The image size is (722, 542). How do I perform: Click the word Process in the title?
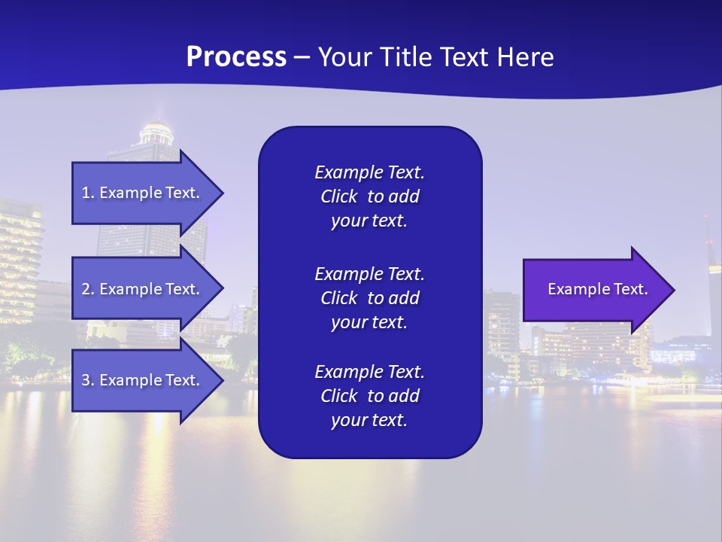coord(236,57)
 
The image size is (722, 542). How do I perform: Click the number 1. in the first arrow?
coord(88,193)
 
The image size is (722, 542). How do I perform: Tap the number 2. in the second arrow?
coord(88,289)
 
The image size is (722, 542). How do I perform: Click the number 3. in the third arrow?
coord(88,380)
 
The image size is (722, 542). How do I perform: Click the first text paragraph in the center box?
coord(369,196)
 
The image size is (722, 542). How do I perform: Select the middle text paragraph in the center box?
coord(369,298)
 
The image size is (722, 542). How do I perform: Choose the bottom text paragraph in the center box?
coord(369,396)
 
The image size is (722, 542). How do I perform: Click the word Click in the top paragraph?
coord(338,196)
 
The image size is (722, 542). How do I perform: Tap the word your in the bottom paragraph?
coord(348,421)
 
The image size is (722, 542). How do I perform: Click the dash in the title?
coord(302,57)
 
